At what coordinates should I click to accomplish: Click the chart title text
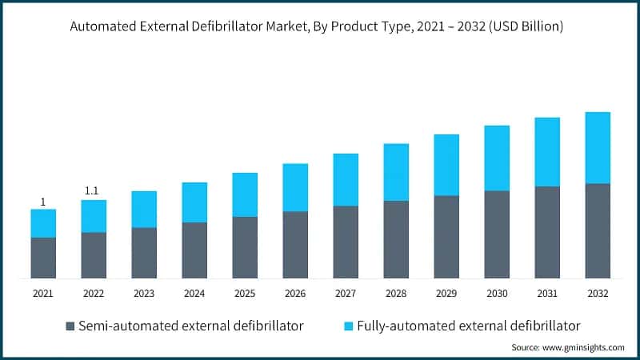317,26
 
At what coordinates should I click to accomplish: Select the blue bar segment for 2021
43,223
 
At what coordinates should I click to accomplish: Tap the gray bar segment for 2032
598,230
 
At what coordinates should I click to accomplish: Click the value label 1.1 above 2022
94,191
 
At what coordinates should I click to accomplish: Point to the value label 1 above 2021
43,202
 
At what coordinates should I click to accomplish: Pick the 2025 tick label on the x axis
245,294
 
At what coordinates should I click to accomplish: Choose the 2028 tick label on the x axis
396,294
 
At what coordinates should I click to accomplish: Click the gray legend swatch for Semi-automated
70,326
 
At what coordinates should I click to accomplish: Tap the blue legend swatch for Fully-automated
347,326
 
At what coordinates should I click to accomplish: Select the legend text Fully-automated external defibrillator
468,326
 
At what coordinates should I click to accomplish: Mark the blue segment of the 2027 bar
346,179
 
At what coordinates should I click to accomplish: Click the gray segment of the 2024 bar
194,250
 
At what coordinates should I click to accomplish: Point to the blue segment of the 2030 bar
497,158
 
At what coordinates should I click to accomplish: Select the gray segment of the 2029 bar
446,237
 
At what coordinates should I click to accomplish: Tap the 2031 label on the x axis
547,294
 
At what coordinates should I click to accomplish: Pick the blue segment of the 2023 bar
144,209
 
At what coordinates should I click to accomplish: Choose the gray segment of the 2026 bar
295,244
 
